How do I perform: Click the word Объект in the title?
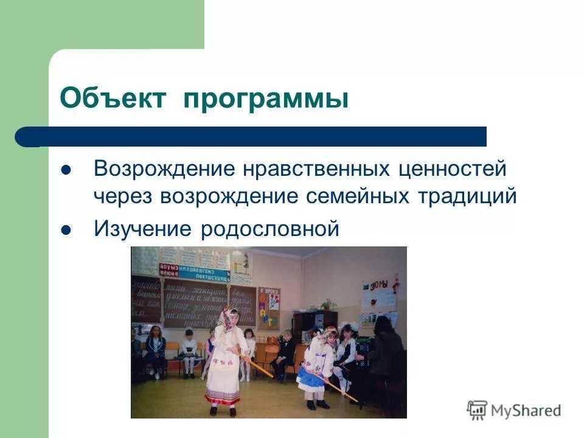pyautogui.click(x=113, y=98)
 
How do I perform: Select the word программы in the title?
pyautogui.click(x=266, y=98)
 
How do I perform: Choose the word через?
pyautogui.click(x=123, y=196)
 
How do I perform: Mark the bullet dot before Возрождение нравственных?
pyautogui.click(x=67, y=169)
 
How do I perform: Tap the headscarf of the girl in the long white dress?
pyautogui.click(x=229, y=318)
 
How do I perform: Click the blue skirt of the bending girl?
pyautogui.click(x=313, y=380)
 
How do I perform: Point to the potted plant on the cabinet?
pyautogui.click(x=328, y=304)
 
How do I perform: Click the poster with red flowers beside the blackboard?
pyautogui.click(x=268, y=307)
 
